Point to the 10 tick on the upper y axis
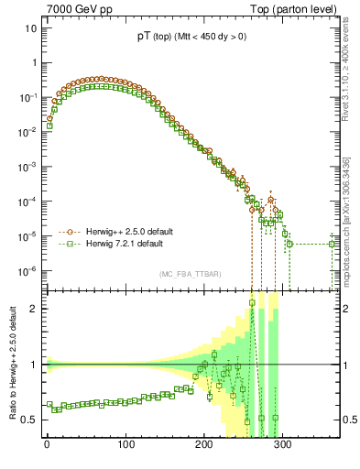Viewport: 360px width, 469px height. (x=30, y=27)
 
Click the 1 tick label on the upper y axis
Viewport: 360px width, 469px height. (x=33, y=63)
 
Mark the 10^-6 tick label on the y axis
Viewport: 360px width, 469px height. (x=27, y=271)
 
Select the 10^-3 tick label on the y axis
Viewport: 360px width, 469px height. (x=27, y=167)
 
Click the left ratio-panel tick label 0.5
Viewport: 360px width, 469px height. (x=29, y=420)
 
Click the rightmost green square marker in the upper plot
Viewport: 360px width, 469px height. (x=333, y=244)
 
